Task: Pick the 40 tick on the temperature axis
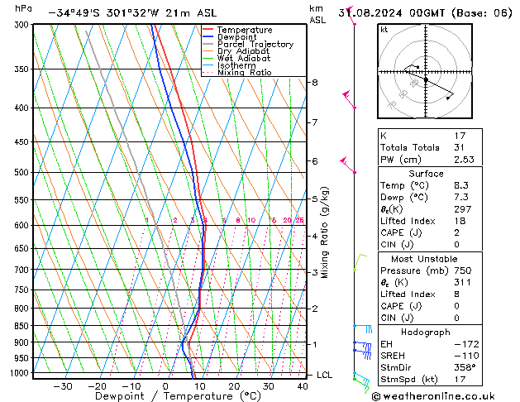tap(302, 386)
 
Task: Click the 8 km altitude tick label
tap(314, 83)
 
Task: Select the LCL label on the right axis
tap(325, 375)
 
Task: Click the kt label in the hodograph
tap(384, 29)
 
